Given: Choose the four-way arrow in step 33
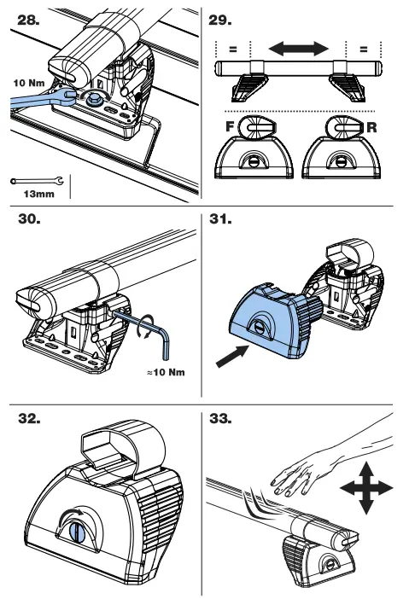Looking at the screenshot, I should tap(365, 488).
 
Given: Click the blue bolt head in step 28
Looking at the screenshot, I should tap(91, 100).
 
